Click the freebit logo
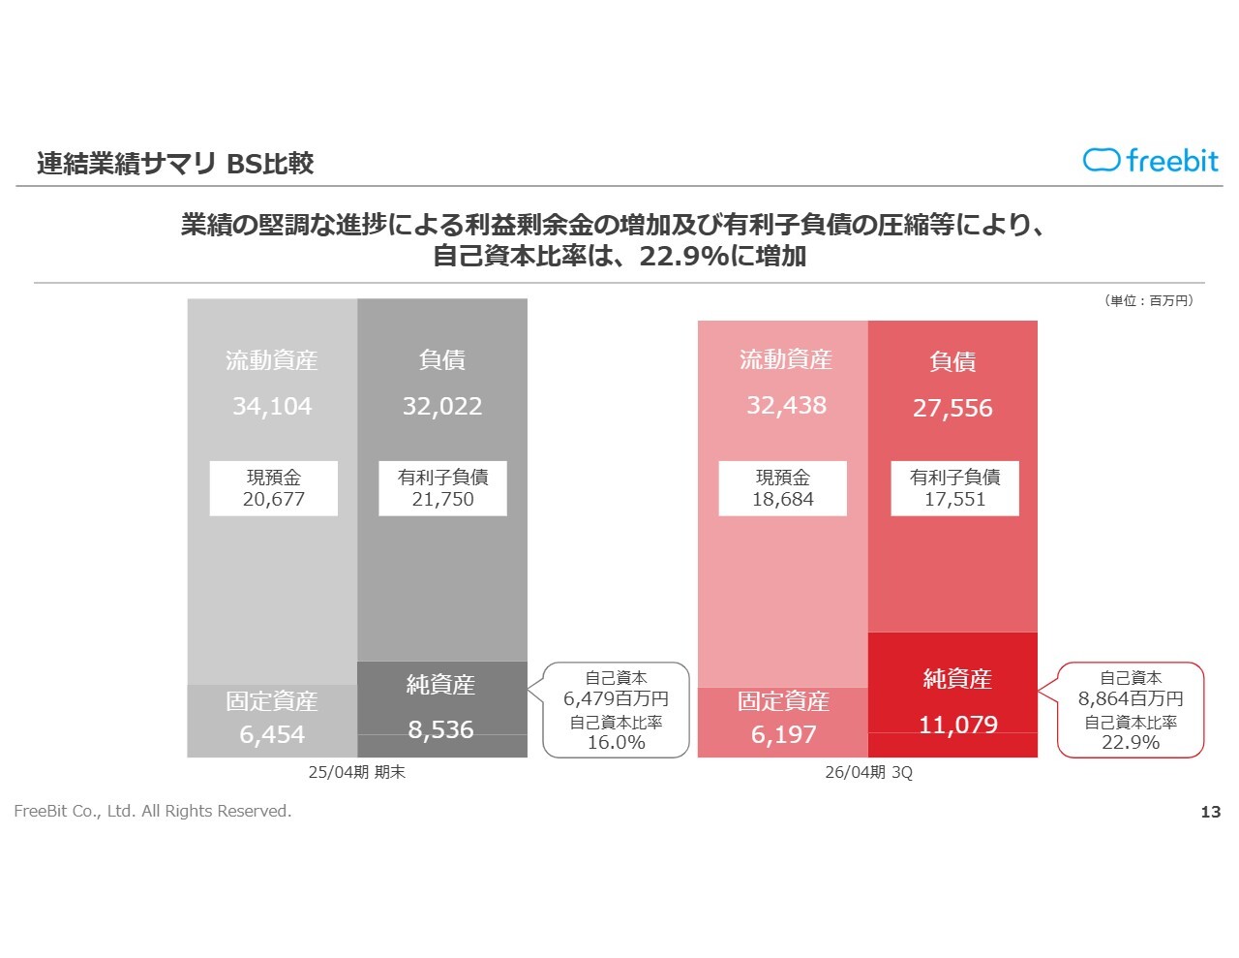[1150, 161]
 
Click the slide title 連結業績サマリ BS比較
[175, 164]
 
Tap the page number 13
[1210, 812]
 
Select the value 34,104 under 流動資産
[272, 407]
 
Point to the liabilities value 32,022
[442, 407]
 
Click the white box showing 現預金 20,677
[274, 488]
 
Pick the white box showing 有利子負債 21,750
[442, 488]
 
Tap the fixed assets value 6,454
[272, 735]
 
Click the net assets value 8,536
[441, 729]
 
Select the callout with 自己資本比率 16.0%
[617, 710]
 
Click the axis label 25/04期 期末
[356, 772]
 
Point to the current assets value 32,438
[786, 406]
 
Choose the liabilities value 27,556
[952, 409]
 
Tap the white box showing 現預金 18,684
[783, 488]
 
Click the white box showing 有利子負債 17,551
[954, 488]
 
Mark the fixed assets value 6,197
[783, 735]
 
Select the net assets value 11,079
[957, 725]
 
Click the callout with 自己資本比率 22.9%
[1131, 710]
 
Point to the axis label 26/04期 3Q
[868, 772]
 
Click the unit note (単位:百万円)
[1149, 301]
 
